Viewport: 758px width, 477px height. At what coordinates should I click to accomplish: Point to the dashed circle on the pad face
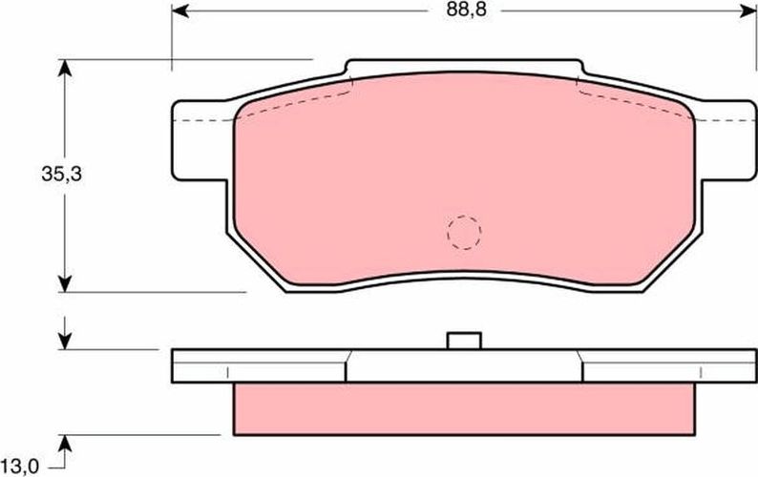coord(464,230)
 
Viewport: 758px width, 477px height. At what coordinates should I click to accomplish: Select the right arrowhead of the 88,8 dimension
coord(747,13)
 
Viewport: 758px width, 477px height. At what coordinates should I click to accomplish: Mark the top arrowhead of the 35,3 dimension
coord(65,69)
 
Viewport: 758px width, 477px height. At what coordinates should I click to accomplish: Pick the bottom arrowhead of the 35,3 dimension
coord(65,282)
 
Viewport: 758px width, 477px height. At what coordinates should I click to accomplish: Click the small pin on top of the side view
coord(463,341)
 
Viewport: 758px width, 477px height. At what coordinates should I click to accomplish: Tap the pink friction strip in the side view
coord(463,405)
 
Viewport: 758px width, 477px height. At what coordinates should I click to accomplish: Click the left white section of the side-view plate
coord(258,365)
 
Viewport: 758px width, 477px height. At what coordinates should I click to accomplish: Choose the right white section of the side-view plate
coord(668,365)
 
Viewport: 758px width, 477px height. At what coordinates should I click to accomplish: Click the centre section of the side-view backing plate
coord(463,365)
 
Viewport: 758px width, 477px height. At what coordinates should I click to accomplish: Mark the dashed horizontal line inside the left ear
coord(205,122)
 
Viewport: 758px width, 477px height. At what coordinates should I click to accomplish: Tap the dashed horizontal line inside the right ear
coord(721,122)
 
